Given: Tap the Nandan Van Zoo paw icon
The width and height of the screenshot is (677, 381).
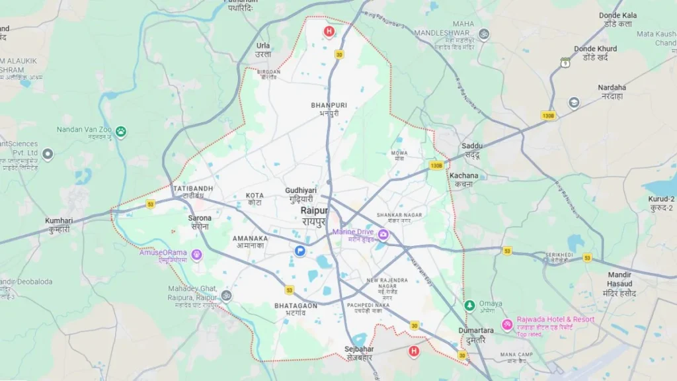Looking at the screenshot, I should point(121,132).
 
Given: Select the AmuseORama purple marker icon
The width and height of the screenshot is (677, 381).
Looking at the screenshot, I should point(196,255).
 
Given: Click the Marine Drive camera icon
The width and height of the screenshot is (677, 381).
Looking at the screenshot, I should point(383,233).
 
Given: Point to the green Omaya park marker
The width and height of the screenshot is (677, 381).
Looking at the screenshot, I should point(469,305).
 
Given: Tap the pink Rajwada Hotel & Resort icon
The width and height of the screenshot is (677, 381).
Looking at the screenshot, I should point(507,325).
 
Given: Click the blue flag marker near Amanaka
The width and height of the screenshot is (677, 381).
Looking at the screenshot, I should point(300,251).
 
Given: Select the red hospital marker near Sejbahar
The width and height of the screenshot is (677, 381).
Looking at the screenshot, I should point(414,351).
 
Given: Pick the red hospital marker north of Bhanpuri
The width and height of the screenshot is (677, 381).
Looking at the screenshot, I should point(329,32).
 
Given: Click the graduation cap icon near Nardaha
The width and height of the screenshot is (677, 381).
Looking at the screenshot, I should point(574,103).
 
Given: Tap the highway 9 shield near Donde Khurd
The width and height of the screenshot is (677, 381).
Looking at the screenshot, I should point(565,62).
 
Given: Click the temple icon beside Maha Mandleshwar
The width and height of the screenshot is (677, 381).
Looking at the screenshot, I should point(484,34).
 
